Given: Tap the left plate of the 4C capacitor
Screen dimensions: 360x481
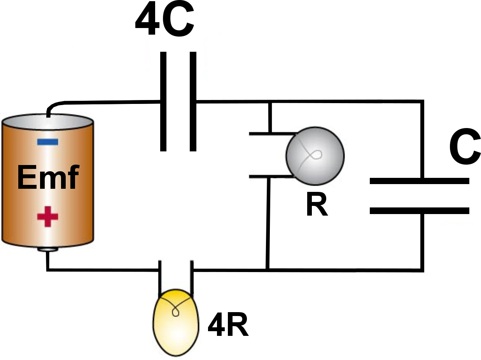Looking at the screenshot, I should (163, 101).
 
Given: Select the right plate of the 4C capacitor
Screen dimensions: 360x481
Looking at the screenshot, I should (193, 101).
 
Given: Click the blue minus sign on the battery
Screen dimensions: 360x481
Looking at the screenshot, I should (48, 142).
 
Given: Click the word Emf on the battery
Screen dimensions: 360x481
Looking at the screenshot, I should (47, 178).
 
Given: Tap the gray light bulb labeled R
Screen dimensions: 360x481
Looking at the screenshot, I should (315, 155).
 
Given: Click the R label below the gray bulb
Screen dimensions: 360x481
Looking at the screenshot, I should (317, 205).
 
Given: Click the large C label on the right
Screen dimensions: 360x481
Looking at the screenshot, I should (465, 148).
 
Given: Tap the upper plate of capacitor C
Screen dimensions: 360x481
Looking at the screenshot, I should (419, 181).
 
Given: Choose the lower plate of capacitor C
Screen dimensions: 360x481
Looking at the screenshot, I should (419, 211).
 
